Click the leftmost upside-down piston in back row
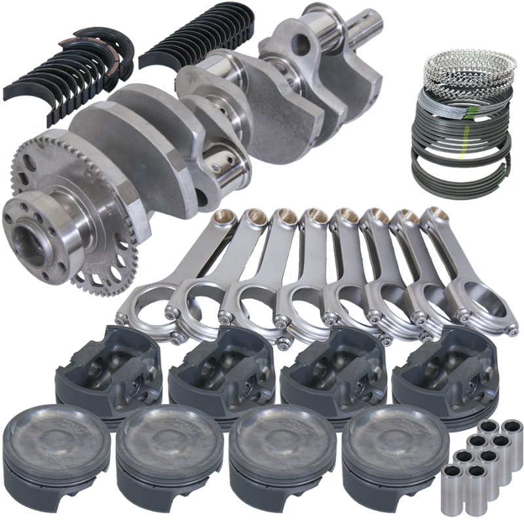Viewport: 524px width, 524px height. [x=108, y=373]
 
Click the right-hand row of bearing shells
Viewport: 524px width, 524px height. [x=190, y=39]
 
